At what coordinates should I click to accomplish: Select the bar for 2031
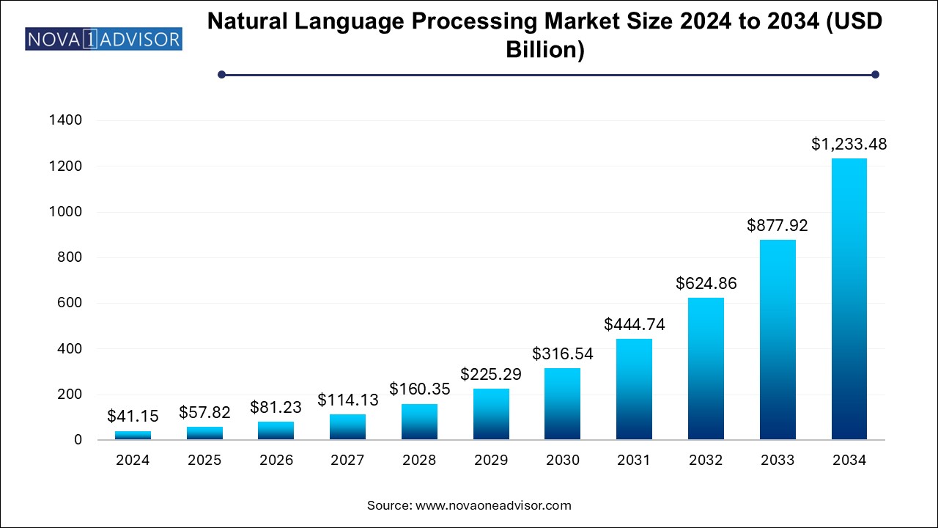coord(634,389)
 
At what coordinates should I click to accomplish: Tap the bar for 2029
coord(491,414)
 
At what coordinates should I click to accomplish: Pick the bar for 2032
coord(706,369)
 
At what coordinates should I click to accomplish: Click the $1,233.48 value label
coord(849,144)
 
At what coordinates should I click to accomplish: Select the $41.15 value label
coord(133,417)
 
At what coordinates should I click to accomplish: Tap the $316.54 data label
coord(563,353)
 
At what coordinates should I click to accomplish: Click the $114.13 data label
coord(348,400)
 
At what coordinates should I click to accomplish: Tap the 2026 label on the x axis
coord(276,461)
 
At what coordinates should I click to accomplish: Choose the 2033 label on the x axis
coord(777,461)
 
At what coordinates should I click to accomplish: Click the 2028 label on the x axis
coord(419,461)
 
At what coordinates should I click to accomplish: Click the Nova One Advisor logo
coord(103,38)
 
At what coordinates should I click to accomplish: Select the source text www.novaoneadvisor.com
coord(492,505)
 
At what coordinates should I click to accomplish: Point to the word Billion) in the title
coord(545,51)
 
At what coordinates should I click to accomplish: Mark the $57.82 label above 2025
coord(204,413)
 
